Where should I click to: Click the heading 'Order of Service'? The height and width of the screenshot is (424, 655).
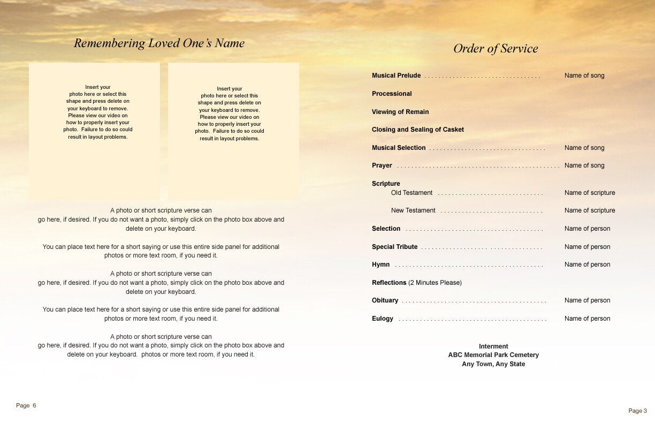point(496,49)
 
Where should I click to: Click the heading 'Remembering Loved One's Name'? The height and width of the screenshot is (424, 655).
point(159,43)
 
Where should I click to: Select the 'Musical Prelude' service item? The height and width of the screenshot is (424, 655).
point(396,75)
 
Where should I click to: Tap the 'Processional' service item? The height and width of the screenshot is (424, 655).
point(392,94)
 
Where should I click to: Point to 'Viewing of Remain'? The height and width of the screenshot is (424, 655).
point(400,112)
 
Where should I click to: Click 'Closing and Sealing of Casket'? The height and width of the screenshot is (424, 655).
point(418,130)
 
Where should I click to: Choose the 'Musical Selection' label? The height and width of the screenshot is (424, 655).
point(399,148)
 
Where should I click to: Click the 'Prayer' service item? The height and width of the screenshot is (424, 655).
point(382,165)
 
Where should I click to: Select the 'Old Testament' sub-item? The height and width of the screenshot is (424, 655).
point(412,193)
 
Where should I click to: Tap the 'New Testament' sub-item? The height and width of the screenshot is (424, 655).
point(413,210)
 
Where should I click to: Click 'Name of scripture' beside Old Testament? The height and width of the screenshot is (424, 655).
point(590,193)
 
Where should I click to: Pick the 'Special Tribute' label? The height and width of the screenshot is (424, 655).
point(394,247)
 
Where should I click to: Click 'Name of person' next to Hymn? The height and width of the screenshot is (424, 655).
point(587,264)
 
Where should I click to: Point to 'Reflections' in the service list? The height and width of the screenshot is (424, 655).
point(389,283)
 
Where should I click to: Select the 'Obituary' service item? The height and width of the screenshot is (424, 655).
point(385,300)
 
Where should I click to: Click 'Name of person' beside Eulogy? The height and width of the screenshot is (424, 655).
point(587,319)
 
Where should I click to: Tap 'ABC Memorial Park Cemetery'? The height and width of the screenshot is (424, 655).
point(493,355)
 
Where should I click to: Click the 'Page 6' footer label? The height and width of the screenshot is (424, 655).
point(26,405)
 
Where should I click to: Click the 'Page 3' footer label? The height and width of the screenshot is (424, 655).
point(637,411)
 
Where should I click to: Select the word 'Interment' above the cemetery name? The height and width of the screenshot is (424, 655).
point(493,346)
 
